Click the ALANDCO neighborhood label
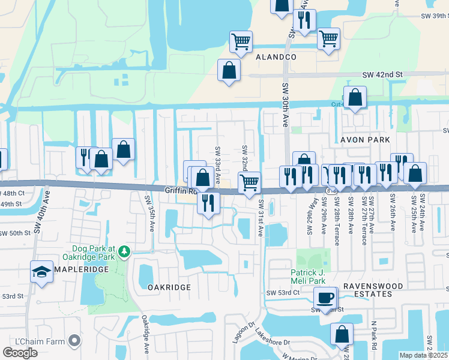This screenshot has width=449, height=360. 277,56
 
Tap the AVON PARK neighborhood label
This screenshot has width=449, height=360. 366,140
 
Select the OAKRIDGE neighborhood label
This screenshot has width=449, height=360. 169,287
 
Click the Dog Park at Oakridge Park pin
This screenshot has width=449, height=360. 125,250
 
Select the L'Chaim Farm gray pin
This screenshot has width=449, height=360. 74,341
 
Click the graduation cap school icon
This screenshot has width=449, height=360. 41,272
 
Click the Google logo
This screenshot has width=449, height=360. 20,353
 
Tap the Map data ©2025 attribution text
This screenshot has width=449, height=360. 423,355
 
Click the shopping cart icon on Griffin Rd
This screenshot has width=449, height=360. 249,182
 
